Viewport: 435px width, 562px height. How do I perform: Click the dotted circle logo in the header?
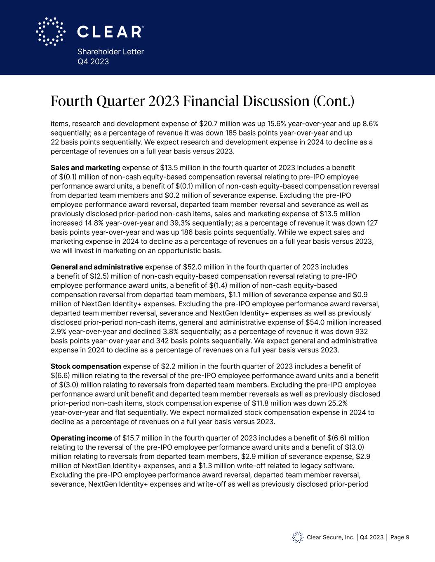coord(50,31)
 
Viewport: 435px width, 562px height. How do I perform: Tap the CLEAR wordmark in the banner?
coord(110,32)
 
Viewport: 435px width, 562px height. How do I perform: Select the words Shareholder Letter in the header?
coord(111,51)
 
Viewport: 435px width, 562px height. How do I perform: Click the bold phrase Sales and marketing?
coord(85,168)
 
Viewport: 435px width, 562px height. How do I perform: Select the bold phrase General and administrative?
coord(97,266)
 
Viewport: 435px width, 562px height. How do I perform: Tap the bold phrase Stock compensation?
coord(86,366)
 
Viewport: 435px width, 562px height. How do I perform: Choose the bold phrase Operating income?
coord(81,438)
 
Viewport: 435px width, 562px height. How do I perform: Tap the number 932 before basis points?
coord(373,331)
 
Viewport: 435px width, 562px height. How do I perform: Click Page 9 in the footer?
coord(399,537)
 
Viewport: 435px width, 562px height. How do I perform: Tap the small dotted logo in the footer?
coord(297,537)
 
